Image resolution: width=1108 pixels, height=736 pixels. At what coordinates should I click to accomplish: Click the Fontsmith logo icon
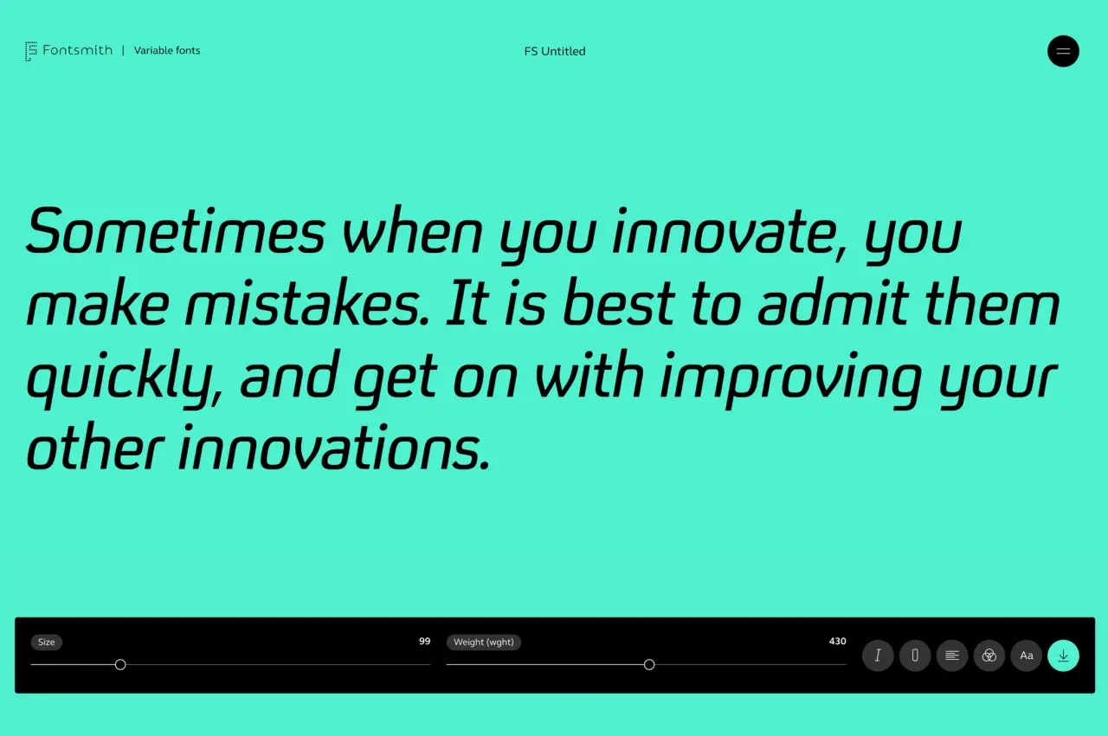tap(31, 51)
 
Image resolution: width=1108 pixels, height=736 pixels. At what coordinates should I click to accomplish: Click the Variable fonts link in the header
tap(167, 50)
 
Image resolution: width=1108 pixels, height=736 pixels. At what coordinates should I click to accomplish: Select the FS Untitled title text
tap(555, 51)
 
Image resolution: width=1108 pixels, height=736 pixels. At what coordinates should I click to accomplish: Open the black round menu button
tap(1063, 51)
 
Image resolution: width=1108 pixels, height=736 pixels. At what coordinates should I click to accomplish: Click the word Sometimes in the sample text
tap(176, 231)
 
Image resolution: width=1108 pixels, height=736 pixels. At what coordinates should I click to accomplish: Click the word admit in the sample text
tap(833, 301)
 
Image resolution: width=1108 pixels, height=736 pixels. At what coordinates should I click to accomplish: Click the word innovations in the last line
tap(334, 448)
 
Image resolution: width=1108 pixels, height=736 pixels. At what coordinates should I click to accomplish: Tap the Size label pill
tap(47, 642)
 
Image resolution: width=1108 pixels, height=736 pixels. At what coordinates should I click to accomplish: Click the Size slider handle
tap(120, 665)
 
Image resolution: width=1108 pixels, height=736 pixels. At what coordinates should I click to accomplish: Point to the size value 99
tap(424, 641)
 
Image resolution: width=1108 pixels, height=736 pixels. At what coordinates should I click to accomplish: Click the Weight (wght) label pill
tap(484, 642)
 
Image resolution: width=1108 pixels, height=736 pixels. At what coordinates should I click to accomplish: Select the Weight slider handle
tap(649, 665)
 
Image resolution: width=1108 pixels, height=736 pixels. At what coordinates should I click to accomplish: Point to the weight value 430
tap(837, 641)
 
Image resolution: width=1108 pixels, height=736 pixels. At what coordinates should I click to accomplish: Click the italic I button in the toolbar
tap(878, 655)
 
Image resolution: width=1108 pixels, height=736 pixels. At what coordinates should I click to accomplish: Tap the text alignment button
tap(952, 655)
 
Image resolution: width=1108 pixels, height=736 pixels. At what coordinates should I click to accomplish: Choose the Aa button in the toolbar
tap(1027, 655)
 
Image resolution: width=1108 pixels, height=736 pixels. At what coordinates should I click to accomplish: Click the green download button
tap(1064, 655)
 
